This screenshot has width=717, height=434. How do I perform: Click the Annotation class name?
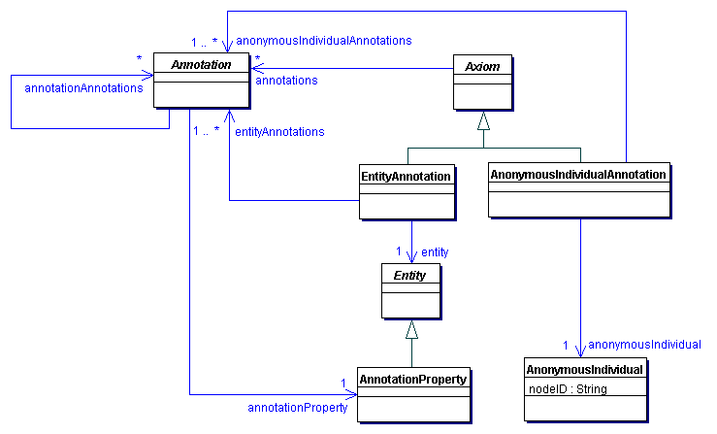click(x=201, y=65)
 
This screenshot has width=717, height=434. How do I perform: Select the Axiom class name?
click(x=482, y=65)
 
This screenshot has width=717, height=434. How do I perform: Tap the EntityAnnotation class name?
click(x=407, y=176)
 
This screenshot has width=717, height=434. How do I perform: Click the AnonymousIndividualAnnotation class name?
click(x=579, y=174)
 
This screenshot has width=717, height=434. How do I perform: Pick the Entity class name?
click(x=411, y=276)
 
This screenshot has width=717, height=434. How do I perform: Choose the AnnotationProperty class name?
click(x=413, y=378)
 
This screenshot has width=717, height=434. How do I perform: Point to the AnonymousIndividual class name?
click(x=584, y=370)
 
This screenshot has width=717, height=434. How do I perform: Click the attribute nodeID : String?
click(x=568, y=388)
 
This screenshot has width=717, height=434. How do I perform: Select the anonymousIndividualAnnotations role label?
click(x=324, y=41)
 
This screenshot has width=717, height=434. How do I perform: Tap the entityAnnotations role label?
click(x=279, y=131)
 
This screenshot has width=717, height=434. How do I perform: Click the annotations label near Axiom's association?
click(x=286, y=81)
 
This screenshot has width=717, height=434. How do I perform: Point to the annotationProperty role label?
click(x=298, y=408)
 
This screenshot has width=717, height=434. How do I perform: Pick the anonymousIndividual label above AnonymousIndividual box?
click(x=644, y=344)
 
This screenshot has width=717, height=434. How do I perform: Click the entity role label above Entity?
click(x=435, y=251)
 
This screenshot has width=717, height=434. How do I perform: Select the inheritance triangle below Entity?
click(x=411, y=330)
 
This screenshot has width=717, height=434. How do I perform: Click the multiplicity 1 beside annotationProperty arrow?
click(x=343, y=382)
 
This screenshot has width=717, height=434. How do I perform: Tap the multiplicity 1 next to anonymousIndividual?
click(x=567, y=345)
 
